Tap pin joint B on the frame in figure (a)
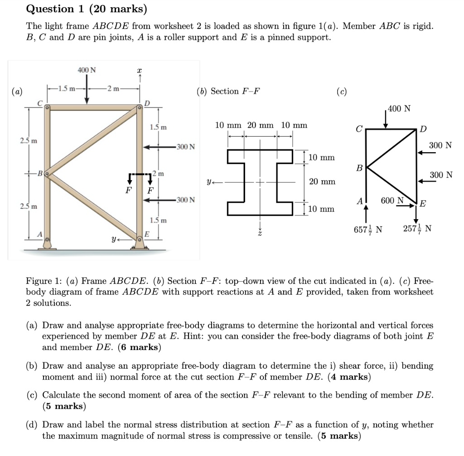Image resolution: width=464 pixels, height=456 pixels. (x=46, y=173)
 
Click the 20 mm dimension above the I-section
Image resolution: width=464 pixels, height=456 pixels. (x=261, y=125)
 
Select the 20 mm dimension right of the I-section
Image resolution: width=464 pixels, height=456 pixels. (x=322, y=182)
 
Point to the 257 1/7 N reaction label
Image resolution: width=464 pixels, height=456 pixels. (x=417, y=229)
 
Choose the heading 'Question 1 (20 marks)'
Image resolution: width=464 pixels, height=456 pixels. (x=87, y=9)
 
